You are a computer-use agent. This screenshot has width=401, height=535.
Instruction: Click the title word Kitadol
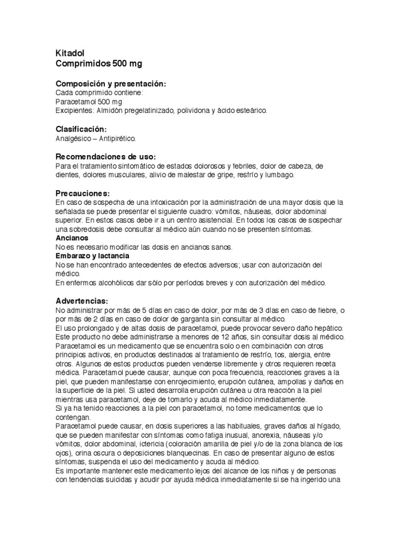click(70, 53)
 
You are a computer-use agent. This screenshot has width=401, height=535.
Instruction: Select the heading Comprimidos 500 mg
click(98, 64)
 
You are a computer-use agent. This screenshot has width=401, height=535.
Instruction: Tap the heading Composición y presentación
click(111, 84)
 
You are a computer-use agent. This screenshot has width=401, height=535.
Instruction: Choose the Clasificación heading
click(81, 130)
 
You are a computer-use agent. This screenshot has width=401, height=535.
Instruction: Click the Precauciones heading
click(82, 193)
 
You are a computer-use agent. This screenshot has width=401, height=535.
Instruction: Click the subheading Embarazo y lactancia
click(92, 256)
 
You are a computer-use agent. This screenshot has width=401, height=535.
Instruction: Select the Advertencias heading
click(81, 301)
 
